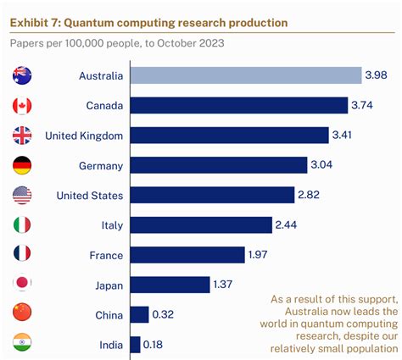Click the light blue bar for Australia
point(245,76)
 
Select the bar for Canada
point(238,106)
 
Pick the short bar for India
point(134,344)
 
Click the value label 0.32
point(165,314)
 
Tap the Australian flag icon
point(23,76)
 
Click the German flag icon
point(23,165)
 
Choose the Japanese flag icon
point(23,285)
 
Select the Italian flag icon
point(23,224)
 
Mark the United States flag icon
point(23,195)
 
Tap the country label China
point(109,314)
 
